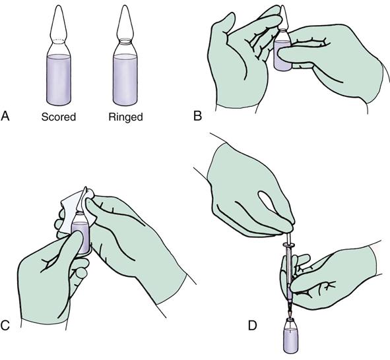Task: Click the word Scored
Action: pos(59,117)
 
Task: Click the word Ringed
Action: pos(125,117)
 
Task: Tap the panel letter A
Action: pos(5,116)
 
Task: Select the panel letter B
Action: pos(197,116)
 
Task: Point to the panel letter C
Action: pos(5,325)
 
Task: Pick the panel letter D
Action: pos(252,325)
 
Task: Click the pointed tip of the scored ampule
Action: pos(59,6)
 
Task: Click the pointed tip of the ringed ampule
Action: pos(125,6)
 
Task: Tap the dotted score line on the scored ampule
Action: pos(59,40)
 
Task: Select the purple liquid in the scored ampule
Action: pos(59,80)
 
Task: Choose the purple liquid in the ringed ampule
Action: pos(125,80)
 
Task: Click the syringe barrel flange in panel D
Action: pos(289,246)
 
